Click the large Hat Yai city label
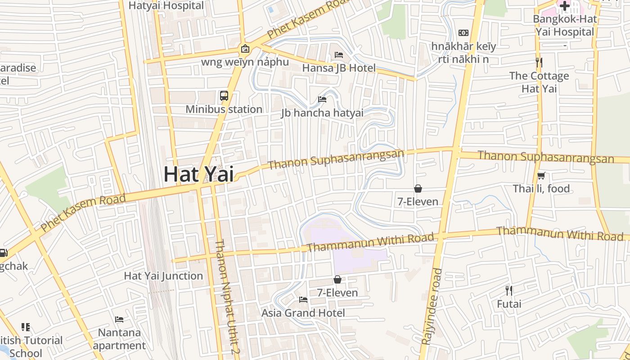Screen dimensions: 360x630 (x=198, y=174)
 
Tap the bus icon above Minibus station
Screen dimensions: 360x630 (x=224, y=95)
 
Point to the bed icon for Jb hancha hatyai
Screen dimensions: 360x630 (x=322, y=99)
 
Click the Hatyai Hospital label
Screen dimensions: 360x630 (x=166, y=5)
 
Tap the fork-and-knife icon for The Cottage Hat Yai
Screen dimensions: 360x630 (x=539, y=62)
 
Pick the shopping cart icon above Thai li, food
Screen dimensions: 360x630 (x=541, y=175)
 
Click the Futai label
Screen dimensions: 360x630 (x=509, y=304)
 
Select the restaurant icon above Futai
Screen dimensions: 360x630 (x=509, y=290)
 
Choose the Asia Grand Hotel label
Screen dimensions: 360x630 (x=303, y=313)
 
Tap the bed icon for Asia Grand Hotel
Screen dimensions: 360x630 (x=303, y=299)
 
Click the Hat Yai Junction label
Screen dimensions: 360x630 (x=163, y=276)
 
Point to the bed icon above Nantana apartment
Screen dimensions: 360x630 (x=119, y=319)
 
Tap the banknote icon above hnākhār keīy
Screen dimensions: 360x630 (x=463, y=33)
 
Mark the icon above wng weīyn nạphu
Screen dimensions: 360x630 (x=245, y=49)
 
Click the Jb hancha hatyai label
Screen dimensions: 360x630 (x=322, y=112)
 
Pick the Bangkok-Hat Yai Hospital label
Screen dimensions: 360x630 (x=565, y=26)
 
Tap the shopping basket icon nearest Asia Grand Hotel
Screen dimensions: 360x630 (x=337, y=279)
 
